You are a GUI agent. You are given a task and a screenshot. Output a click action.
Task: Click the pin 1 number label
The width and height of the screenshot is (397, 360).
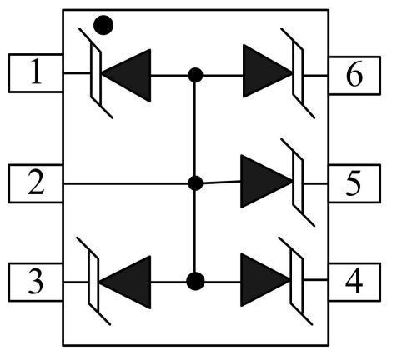pyautogui.click(x=37, y=72)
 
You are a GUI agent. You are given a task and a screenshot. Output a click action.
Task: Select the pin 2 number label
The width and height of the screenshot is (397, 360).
pyautogui.click(x=36, y=182)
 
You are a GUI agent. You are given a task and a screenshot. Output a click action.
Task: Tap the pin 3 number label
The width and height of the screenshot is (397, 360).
pyautogui.click(x=36, y=281)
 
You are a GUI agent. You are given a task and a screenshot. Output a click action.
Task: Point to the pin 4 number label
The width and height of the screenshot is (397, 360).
pyautogui.click(x=354, y=281)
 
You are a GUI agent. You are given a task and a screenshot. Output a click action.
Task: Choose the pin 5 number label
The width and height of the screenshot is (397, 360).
pyautogui.click(x=354, y=182)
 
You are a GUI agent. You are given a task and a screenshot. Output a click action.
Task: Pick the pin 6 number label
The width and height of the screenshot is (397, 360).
pyautogui.click(x=354, y=74)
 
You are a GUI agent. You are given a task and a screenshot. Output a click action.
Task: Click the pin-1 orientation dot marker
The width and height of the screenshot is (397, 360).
pyautogui.click(x=103, y=25)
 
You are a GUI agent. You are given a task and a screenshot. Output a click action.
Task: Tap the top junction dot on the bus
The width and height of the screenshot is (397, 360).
pyautogui.click(x=195, y=75)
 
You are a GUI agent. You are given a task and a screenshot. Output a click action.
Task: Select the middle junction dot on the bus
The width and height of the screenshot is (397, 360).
pyautogui.click(x=195, y=183)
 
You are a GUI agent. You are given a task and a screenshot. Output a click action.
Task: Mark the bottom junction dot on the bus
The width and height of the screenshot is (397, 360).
pyautogui.click(x=195, y=281)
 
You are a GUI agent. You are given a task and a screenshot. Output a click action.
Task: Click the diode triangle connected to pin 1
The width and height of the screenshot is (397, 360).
pyautogui.click(x=127, y=76)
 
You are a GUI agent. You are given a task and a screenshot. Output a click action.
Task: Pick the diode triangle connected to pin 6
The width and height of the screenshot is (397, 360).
pyautogui.click(x=268, y=71)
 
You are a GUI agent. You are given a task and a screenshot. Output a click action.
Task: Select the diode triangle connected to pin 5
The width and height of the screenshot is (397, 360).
pyautogui.click(x=266, y=181)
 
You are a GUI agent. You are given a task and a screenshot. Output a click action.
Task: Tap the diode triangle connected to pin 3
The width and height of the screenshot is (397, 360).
pyautogui.click(x=125, y=282)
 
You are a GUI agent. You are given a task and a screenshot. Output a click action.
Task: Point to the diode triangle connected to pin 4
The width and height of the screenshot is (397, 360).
pyautogui.click(x=265, y=280)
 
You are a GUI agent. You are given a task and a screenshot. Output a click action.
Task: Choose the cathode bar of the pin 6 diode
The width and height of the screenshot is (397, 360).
pyautogui.click(x=298, y=73)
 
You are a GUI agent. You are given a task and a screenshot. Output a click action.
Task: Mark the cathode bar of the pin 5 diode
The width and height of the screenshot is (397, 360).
pyautogui.click(x=298, y=182)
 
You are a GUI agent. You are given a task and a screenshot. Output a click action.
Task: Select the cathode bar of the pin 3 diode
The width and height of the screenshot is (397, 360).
pyautogui.click(x=93, y=281)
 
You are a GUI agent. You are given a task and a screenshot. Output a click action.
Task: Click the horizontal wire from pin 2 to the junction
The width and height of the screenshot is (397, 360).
pyautogui.click(x=126, y=183)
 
